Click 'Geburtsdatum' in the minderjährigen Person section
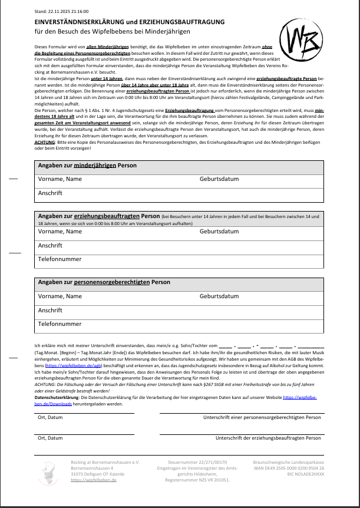219,179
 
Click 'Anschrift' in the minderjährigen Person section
50,192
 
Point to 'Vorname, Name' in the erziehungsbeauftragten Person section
60,232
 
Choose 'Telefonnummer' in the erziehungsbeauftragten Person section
60,259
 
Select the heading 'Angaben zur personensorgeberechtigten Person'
104,282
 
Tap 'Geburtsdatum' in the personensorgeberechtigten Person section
219,296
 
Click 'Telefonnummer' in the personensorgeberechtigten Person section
60,324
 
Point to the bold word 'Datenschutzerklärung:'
57,398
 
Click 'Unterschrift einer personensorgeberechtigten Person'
262,417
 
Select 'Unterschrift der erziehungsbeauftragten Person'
268,438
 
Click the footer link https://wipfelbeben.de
94,480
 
